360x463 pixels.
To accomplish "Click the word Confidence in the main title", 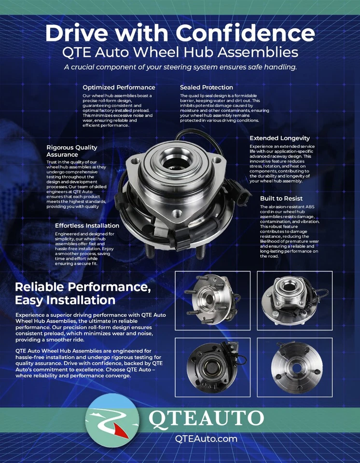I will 246,33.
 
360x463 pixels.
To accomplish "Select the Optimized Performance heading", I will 119,87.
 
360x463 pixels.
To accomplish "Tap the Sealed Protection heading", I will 207,87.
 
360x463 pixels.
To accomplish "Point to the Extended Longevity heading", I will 279,138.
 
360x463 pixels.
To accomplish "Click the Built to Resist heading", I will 281,198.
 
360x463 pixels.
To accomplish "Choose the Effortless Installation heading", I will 87,225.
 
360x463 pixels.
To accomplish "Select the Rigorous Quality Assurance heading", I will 72,151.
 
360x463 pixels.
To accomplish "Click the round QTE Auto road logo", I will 114,423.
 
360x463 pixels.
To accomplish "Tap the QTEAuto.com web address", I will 206,438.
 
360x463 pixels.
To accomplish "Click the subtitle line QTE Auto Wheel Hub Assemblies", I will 180,52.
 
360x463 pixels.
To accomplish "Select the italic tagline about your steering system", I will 180,67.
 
